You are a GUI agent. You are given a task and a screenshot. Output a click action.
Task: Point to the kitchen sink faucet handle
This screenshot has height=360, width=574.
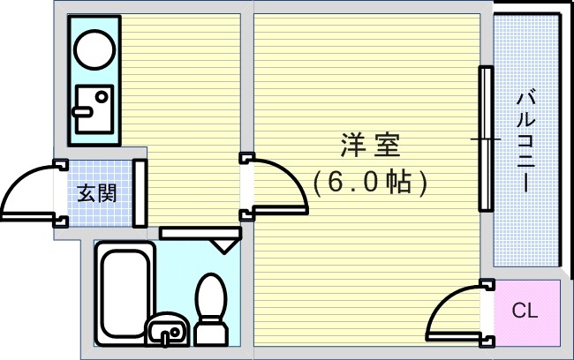pyautogui.click(x=86, y=111)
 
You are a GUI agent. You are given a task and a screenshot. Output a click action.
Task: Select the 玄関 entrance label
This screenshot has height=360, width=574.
pyautogui.click(x=96, y=191)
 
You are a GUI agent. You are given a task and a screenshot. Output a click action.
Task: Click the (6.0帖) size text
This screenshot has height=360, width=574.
pyautogui.click(x=370, y=182)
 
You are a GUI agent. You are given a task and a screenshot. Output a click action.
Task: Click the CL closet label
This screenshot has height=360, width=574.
pyautogui.click(x=525, y=311)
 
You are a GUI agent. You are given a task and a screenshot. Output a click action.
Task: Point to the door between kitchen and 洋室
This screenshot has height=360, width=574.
pyautogui.click(x=276, y=184)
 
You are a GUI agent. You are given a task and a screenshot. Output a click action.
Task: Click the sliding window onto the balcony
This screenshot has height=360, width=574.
pyautogui.click(x=485, y=139)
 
